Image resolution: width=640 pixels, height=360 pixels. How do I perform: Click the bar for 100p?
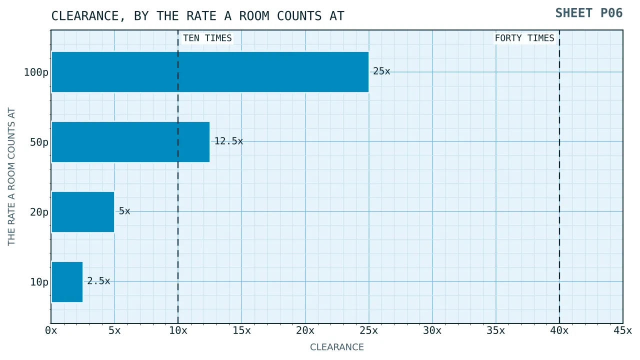coord(210,72)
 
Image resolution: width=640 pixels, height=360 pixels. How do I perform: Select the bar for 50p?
coord(130,142)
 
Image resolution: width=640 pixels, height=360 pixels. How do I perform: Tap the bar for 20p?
coord(83,212)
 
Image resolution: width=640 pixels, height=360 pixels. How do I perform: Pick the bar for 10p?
coord(67,281)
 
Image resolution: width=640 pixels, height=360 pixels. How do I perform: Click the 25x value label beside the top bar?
coord(381,71)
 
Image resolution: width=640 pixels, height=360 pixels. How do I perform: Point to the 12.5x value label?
coord(228,141)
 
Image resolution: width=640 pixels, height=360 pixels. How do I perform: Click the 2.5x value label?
coord(98,281)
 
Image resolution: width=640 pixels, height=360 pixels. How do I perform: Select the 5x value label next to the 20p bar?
coord(124,211)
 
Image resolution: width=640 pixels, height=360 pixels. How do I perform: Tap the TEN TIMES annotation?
coord(207,38)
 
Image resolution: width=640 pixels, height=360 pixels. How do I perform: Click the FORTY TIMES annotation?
coord(524,38)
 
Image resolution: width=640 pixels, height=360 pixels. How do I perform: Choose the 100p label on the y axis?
coord(36,72)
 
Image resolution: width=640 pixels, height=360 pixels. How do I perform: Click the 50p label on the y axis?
coord(39,142)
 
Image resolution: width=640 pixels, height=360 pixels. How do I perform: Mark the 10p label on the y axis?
coord(39,282)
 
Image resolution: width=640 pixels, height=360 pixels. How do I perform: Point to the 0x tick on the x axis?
coord(51,330)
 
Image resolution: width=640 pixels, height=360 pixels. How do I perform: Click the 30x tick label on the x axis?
coord(432,330)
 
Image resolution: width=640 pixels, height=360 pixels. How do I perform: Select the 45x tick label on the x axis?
coord(623,330)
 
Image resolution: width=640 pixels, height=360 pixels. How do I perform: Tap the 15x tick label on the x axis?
coord(241,330)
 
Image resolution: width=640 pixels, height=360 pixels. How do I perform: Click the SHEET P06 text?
coord(589,13)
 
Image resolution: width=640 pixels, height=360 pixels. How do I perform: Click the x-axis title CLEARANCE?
coord(337,347)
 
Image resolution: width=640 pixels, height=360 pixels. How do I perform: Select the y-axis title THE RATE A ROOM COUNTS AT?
coord(11,176)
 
